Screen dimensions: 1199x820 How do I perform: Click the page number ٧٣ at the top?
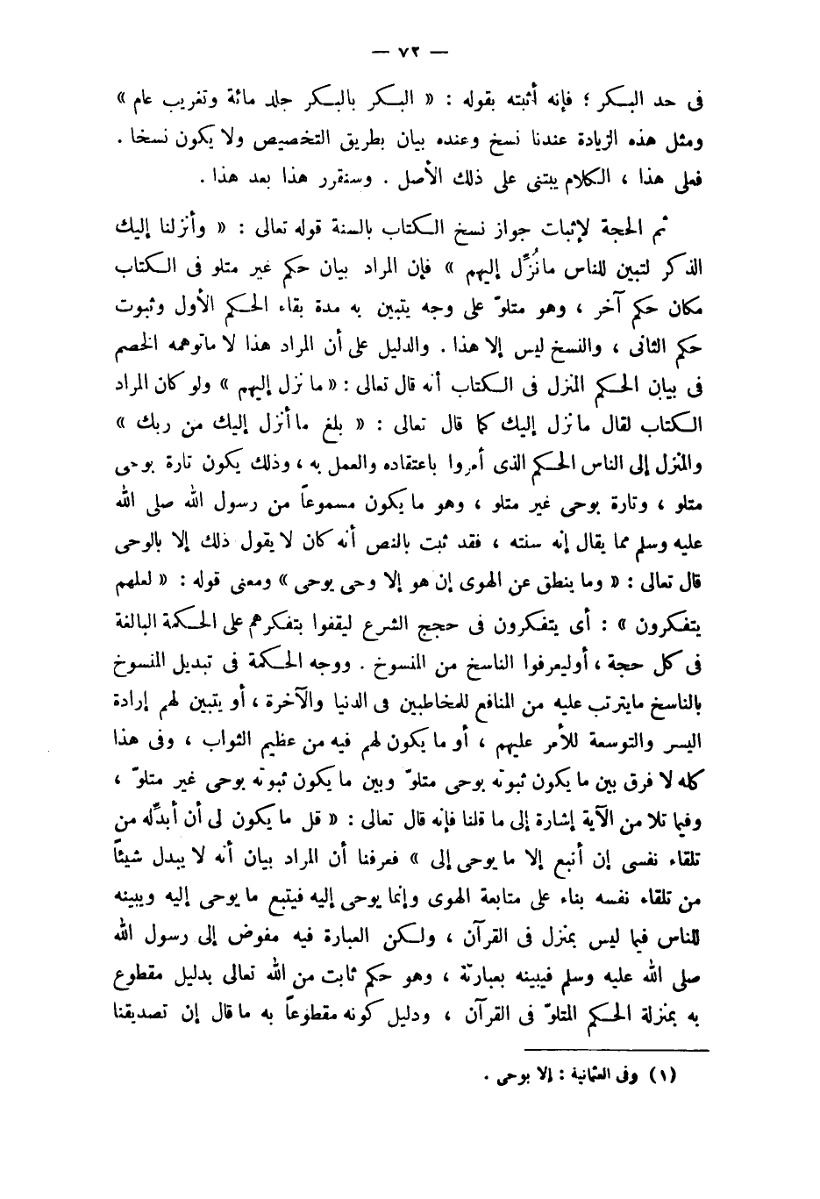(x=410, y=51)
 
